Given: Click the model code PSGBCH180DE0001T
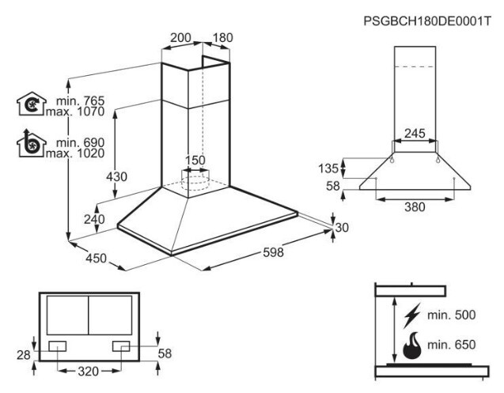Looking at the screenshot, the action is click(427, 21).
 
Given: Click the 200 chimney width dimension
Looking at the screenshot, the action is click(180, 38).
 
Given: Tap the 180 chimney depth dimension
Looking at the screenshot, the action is click(223, 38).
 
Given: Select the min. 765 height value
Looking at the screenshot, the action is click(81, 101).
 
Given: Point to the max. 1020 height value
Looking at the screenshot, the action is click(75, 153).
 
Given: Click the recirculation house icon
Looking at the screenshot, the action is click(31, 104).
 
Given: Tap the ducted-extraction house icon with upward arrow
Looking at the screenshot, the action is click(31, 143).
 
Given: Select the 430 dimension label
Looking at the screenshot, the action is click(116, 177).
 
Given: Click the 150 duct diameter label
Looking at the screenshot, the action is click(195, 160).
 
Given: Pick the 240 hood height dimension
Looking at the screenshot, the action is click(94, 220).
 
